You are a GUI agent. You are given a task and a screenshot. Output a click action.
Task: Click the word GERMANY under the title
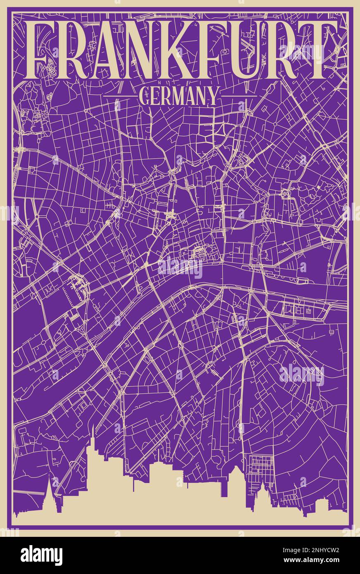(178, 96)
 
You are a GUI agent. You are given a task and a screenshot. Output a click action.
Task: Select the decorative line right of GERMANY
(237, 96)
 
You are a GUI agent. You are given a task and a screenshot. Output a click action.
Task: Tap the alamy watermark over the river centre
(180, 268)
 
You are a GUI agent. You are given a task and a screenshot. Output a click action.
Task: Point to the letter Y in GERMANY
(212, 96)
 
